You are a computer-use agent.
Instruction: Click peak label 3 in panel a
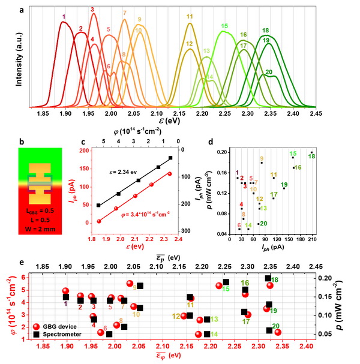(x=92, y=10)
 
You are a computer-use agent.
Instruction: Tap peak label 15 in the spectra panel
(x=224, y=26)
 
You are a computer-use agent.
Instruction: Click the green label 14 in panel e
(x=214, y=334)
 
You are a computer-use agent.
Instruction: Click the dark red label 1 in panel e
(x=66, y=305)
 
